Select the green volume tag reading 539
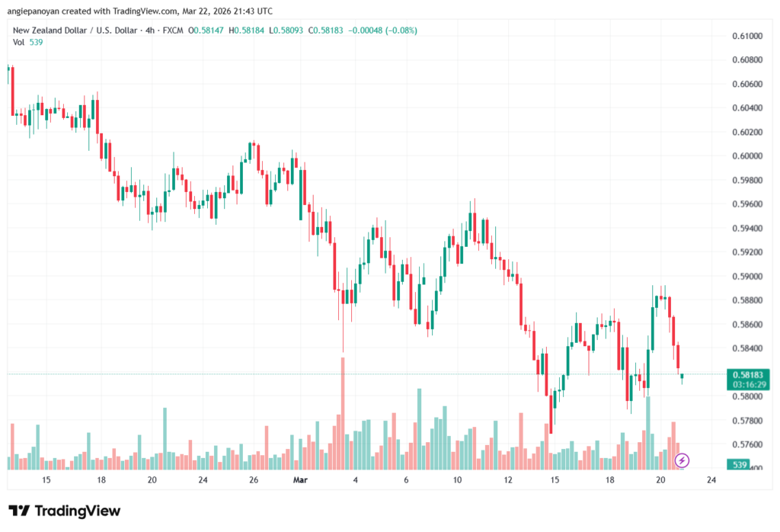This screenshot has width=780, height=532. coord(738,464)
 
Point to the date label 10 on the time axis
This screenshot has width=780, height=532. coord(457,480)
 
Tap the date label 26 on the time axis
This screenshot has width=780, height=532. coord(254,480)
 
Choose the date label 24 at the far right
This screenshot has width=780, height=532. coord(711,480)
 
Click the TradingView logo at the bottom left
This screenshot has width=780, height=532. coord(64,511)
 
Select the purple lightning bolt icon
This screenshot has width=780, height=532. coord(682,460)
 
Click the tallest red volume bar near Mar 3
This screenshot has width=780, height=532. coord(343,412)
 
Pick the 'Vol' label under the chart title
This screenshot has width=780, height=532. coord(18,42)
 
